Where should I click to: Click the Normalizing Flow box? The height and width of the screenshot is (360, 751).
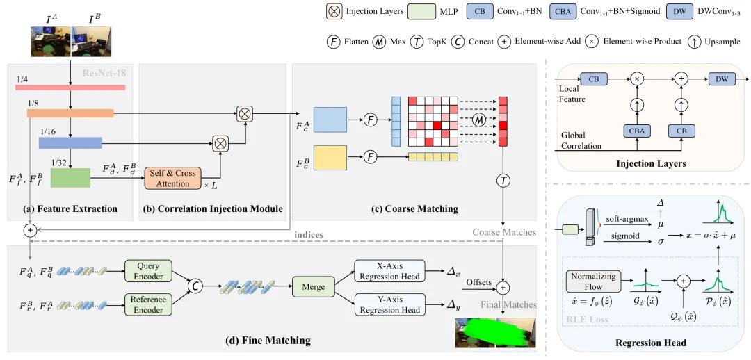pyautogui.click(x=594, y=281)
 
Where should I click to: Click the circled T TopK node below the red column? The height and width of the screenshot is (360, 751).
pyautogui.click(x=503, y=180)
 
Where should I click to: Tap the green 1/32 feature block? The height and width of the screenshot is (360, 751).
pyautogui.click(x=70, y=178)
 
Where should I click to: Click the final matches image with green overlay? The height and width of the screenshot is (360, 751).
pyautogui.click(x=495, y=332)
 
